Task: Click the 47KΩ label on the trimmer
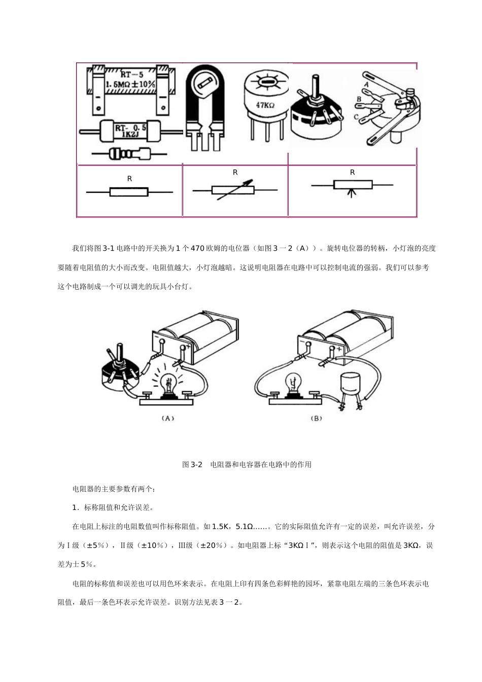(265, 106)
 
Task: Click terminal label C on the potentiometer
(356, 117)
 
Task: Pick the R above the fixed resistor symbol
(129, 179)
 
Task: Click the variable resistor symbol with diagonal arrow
(235, 190)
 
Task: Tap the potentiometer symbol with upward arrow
(353, 186)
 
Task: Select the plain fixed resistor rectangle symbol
(129, 192)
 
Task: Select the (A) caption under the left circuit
(167, 419)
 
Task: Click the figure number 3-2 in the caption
(196, 464)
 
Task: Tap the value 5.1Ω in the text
(245, 527)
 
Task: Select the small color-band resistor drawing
(129, 152)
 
